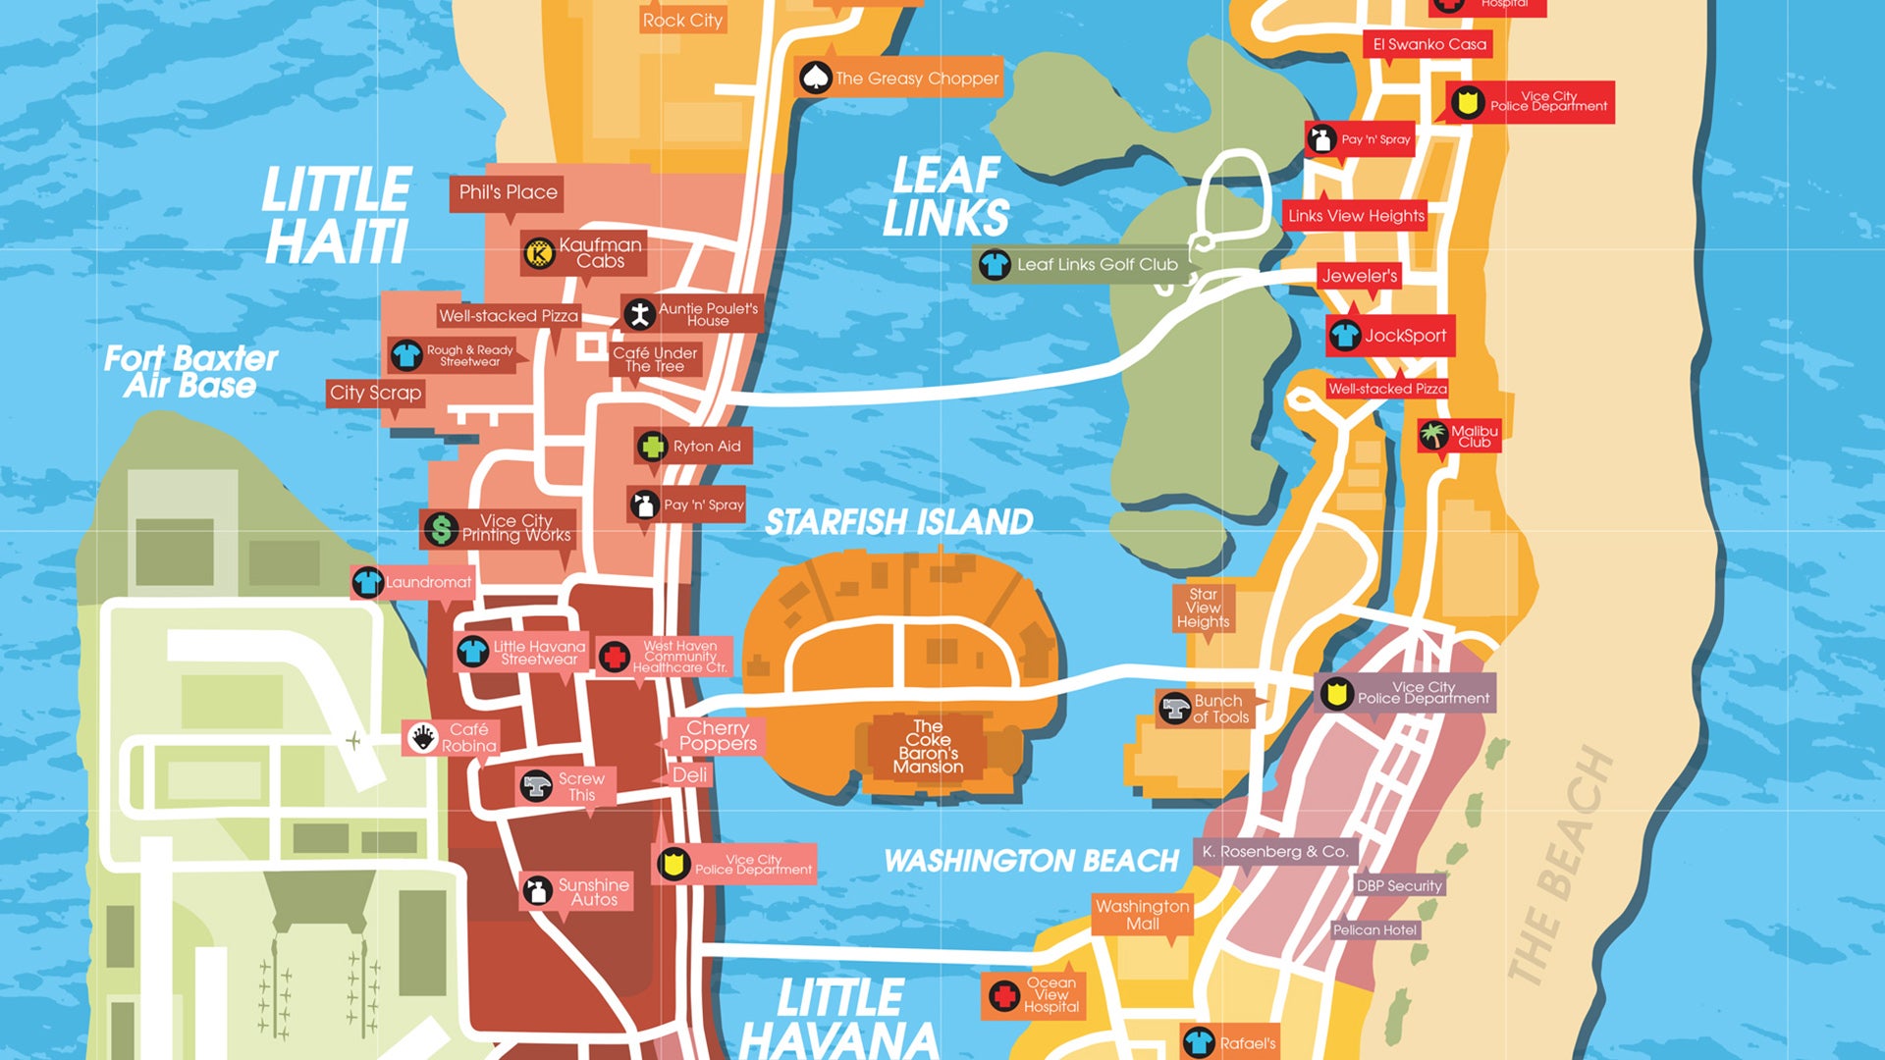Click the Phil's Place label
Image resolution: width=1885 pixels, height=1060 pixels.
[508, 192]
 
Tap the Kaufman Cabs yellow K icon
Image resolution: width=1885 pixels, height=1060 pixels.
[538, 253]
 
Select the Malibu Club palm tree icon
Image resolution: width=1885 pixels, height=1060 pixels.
[1433, 434]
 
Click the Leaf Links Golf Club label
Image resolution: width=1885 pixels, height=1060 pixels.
[1096, 264]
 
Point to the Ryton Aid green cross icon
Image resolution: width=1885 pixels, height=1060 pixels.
[652, 447]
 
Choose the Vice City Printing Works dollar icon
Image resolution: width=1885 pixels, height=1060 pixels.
[441, 529]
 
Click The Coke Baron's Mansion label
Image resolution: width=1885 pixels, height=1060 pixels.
[928, 747]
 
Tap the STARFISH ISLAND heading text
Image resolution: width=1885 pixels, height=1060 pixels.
[898, 522]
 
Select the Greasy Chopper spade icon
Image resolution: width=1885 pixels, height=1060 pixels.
[815, 78]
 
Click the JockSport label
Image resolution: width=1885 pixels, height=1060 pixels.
[1404, 336]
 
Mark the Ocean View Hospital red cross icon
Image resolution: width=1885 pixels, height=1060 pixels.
[1003, 996]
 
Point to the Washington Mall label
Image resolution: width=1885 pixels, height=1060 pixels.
[1142, 915]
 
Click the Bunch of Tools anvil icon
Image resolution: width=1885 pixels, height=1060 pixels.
[1174, 708]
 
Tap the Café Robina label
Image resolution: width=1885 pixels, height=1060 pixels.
[467, 737]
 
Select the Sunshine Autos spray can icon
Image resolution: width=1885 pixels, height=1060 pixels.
[536, 890]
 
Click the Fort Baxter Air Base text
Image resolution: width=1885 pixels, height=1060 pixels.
[190, 371]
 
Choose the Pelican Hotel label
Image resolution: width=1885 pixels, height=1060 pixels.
[1374, 929]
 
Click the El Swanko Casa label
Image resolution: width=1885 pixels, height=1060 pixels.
[1428, 44]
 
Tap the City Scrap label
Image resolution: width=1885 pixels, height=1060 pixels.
[375, 393]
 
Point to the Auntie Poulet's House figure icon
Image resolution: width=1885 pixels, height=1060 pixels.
[640, 314]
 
